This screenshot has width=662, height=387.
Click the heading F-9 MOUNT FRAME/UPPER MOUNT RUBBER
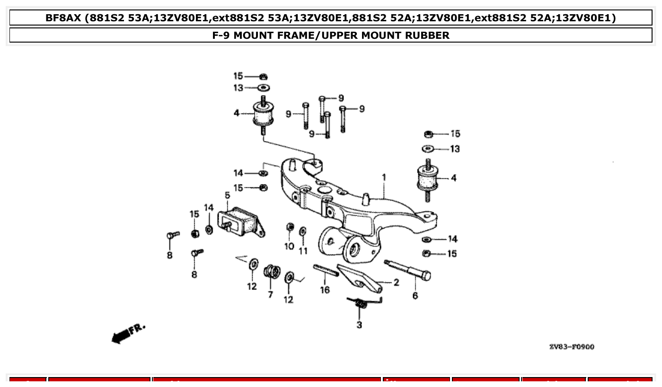click(331, 35)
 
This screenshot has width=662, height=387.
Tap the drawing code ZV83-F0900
click(572, 347)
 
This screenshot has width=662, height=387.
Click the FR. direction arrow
click(128, 333)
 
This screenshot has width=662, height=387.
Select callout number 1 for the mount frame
click(384, 177)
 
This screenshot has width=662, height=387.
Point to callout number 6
click(415, 296)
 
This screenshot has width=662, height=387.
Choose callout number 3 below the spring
click(359, 325)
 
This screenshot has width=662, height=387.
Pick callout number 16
click(325, 290)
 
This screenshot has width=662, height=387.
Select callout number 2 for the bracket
click(396, 282)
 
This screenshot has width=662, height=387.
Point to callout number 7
click(270, 294)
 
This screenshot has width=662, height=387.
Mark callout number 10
click(289, 246)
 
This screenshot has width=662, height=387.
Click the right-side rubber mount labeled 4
click(428, 179)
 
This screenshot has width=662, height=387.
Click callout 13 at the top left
click(238, 88)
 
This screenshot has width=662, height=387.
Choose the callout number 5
click(227, 195)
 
